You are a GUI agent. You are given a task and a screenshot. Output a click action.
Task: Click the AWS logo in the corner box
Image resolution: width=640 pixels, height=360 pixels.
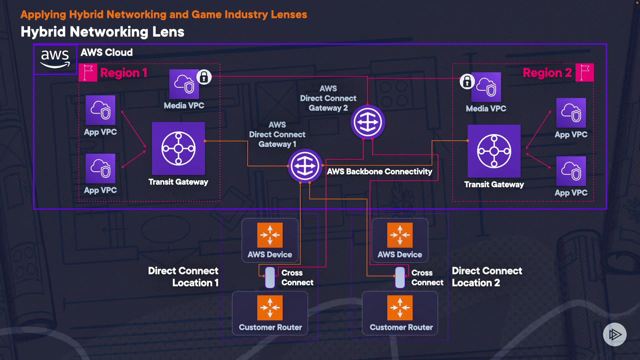click(55, 59)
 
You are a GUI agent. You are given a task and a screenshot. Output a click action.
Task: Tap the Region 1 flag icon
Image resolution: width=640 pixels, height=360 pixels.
click(88, 73)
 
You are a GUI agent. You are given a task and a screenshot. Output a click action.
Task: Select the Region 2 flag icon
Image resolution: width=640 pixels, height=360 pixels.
click(585, 73)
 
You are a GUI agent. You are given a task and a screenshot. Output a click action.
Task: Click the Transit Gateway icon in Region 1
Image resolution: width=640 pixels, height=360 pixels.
click(178, 148)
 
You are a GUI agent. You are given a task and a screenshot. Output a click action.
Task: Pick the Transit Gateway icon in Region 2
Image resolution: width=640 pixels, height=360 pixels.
click(494, 151)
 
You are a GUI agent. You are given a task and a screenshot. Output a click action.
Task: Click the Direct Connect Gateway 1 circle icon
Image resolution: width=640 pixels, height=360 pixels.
click(305, 166)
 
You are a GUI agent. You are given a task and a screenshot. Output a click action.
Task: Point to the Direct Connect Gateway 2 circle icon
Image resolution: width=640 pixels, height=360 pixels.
click(368, 122)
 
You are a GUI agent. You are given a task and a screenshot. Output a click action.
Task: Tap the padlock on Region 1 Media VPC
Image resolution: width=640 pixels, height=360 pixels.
click(204, 77)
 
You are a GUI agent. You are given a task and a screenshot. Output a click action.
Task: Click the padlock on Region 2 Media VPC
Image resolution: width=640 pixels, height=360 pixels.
click(467, 81)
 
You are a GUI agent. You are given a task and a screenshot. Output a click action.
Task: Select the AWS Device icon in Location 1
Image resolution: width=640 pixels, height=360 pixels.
click(270, 235)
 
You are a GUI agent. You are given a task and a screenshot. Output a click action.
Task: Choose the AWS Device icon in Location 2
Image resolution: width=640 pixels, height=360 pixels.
click(400, 235)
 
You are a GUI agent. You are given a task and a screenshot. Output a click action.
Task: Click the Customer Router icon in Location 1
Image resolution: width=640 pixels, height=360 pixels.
click(270, 308)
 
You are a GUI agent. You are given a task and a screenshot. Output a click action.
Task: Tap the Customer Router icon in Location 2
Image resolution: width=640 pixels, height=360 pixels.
click(400, 308)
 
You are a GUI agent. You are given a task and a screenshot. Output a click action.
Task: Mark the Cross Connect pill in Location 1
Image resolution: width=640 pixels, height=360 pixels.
click(270, 277)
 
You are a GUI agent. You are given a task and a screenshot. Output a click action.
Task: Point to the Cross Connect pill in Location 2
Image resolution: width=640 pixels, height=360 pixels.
click(400, 277)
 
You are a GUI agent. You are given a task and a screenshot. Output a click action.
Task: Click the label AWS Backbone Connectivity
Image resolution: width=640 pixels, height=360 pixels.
click(379, 172)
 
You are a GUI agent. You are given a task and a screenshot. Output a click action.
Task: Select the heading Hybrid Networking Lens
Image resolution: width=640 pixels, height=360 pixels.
click(102, 32)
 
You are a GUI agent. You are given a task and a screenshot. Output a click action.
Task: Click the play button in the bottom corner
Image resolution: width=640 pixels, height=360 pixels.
click(615, 334)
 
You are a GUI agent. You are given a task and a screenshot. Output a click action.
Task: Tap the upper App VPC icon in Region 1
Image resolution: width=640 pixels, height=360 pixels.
click(100, 110)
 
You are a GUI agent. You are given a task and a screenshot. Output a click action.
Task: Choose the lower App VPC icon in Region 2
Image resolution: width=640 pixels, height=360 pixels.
click(571, 171)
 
